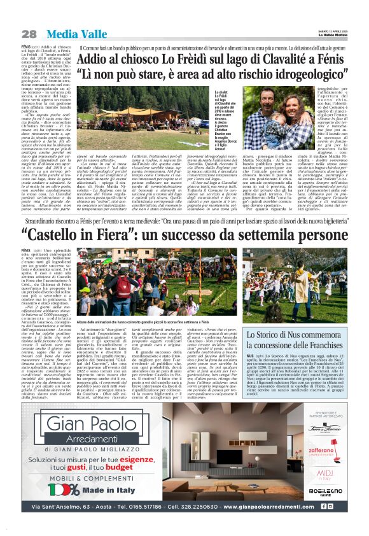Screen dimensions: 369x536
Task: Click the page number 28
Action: (28, 34)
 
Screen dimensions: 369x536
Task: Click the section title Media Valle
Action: (66, 33)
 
